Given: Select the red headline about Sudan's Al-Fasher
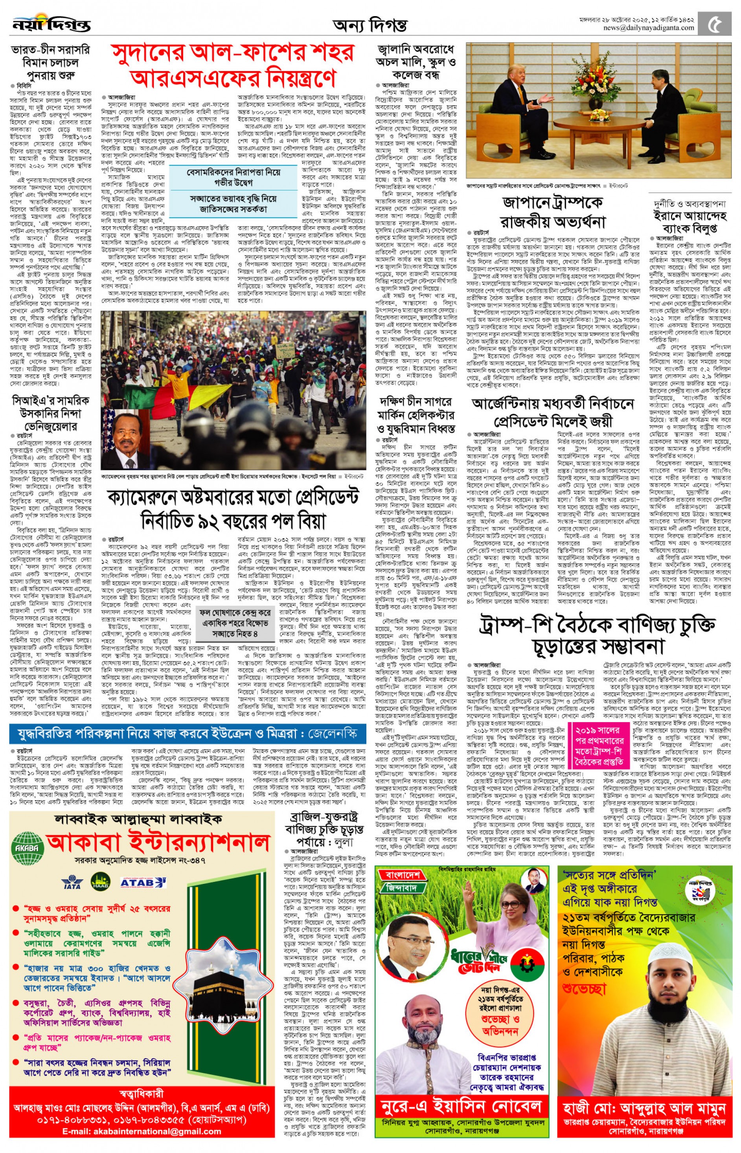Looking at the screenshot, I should tap(233, 65).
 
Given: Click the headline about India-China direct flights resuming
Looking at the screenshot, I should tap(51, 62).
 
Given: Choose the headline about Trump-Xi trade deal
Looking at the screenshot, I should tap(598, 635).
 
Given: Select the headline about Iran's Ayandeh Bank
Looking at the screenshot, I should tap(690, 216).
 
